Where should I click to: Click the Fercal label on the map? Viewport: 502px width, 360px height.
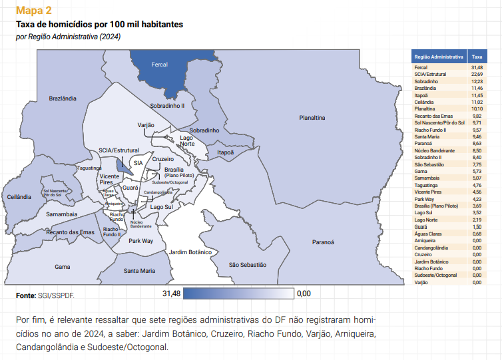coord(159,65)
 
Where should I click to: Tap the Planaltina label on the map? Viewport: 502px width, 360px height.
coord(311,118)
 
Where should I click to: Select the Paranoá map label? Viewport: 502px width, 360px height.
coord(323,242)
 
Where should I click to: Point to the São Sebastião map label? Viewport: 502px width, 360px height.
coord(247,264)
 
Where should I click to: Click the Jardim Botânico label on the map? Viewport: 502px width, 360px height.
coord(190,252)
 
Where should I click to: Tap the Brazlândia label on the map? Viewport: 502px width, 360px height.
coord(63,98)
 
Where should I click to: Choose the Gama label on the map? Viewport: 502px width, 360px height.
coord(63,266)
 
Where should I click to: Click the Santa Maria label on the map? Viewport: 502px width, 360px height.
coord(139,270)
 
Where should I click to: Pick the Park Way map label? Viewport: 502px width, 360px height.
coord(140,240)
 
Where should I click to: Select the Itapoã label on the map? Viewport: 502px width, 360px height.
coord(226,152)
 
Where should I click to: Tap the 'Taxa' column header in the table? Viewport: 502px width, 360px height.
coord(477,57)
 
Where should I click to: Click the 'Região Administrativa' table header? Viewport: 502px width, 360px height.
coord(438,57)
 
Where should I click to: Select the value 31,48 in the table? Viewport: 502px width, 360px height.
coord(477,68)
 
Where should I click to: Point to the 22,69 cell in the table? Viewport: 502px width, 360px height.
coord(477,74)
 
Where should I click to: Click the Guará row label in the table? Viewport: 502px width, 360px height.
coord(421,226)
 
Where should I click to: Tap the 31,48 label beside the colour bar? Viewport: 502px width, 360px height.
coord(171,293)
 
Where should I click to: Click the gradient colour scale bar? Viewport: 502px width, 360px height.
coord(238,293)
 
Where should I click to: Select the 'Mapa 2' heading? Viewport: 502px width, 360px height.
coord(33,11)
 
